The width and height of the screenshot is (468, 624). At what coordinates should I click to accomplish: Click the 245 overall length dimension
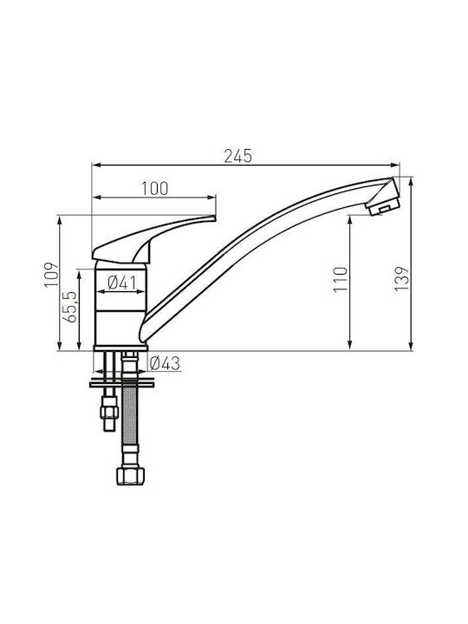(238, 156)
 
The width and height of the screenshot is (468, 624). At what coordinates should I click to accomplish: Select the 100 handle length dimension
(155, 189)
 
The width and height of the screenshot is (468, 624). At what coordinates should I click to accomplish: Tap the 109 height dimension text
(51, 274)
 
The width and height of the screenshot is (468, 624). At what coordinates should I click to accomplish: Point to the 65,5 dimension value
(69, 307)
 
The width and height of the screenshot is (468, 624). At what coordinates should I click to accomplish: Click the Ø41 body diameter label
(122, 283)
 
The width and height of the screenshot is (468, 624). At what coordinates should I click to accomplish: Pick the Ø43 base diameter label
(166, 363)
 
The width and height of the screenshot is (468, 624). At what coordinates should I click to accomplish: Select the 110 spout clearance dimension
(341, 279)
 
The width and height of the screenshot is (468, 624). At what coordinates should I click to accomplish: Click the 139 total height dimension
(401, 278)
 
